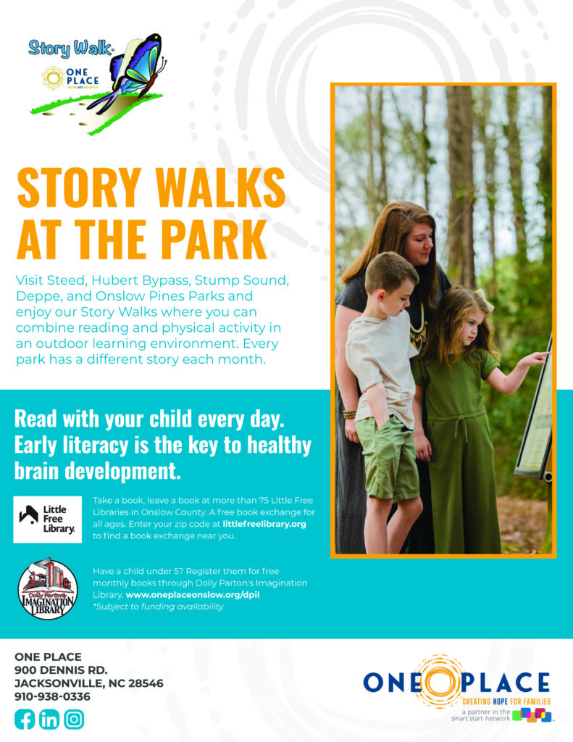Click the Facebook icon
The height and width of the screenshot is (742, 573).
pyautogui.click(x=25, y=720)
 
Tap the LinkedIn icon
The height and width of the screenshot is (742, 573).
pyautogui.click(x=49, y=720)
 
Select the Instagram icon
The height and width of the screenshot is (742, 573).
pyautogui.click(x=74, y=720)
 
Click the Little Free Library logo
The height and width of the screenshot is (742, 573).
pyautogui.click(x=47, y=519)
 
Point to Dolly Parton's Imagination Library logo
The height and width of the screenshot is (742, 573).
pyautogui.click(x=48, y=588)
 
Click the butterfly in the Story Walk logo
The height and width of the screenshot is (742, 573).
pyautogui.click(x=135, y=71)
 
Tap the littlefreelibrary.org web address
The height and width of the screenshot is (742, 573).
pyautogui.click(x=264, y=524)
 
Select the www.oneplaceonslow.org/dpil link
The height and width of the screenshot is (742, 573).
pyautogui.click(x=193, y=595)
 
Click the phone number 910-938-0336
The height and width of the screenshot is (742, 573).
pyautogui.click(x=52, y=696)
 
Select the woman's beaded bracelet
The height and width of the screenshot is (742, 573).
pyautogui.click(x=349, y=414)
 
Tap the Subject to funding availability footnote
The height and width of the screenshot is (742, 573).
pyautogui.click(x=158, y=606)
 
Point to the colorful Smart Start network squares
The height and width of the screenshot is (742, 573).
pyautogui.click(x=532, y=714)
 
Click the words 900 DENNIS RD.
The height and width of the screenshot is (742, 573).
pyautogui.click(x=61, y=670)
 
